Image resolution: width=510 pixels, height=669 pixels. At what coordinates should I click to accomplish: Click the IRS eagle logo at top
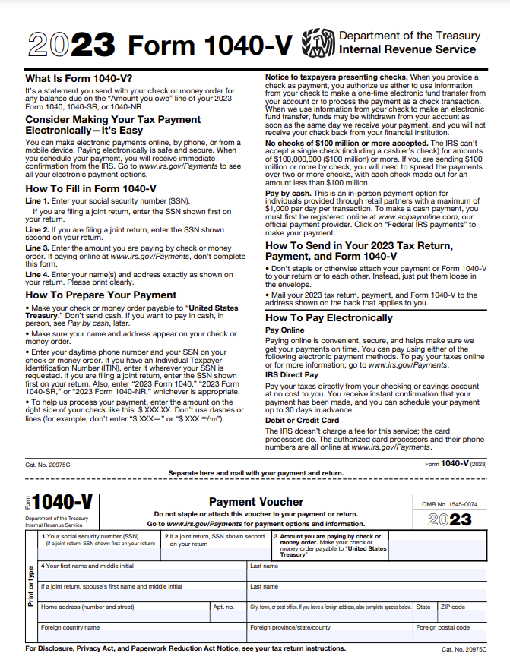(x=318, y=43)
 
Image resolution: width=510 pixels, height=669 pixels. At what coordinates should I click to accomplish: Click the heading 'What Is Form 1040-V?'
(x=78, y=78)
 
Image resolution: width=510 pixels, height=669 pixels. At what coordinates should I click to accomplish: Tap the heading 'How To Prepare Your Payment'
(x=101, y=295)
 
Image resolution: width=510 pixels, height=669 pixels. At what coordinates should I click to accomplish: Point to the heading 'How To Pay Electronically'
(x=329, y=318)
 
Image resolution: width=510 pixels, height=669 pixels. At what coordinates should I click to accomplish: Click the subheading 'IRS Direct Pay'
(x=291, y=375)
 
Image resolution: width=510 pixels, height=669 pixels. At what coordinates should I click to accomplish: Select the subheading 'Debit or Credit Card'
(x=302, y=420)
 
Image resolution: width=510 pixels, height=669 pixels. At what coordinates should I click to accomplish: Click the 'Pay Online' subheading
(x=284, y=330)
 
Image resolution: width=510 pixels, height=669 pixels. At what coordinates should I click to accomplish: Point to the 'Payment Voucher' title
(x=255, y=502)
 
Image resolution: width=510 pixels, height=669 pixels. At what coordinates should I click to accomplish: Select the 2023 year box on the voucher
(x=450, y=520)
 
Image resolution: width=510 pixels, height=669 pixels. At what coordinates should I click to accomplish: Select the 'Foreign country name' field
(x=141, y=633)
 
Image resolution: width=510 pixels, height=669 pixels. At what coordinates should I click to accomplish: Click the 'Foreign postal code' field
(x=450, y=633)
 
